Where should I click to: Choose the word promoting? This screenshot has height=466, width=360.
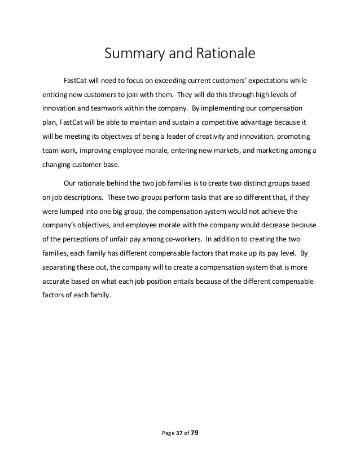point(297,137)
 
